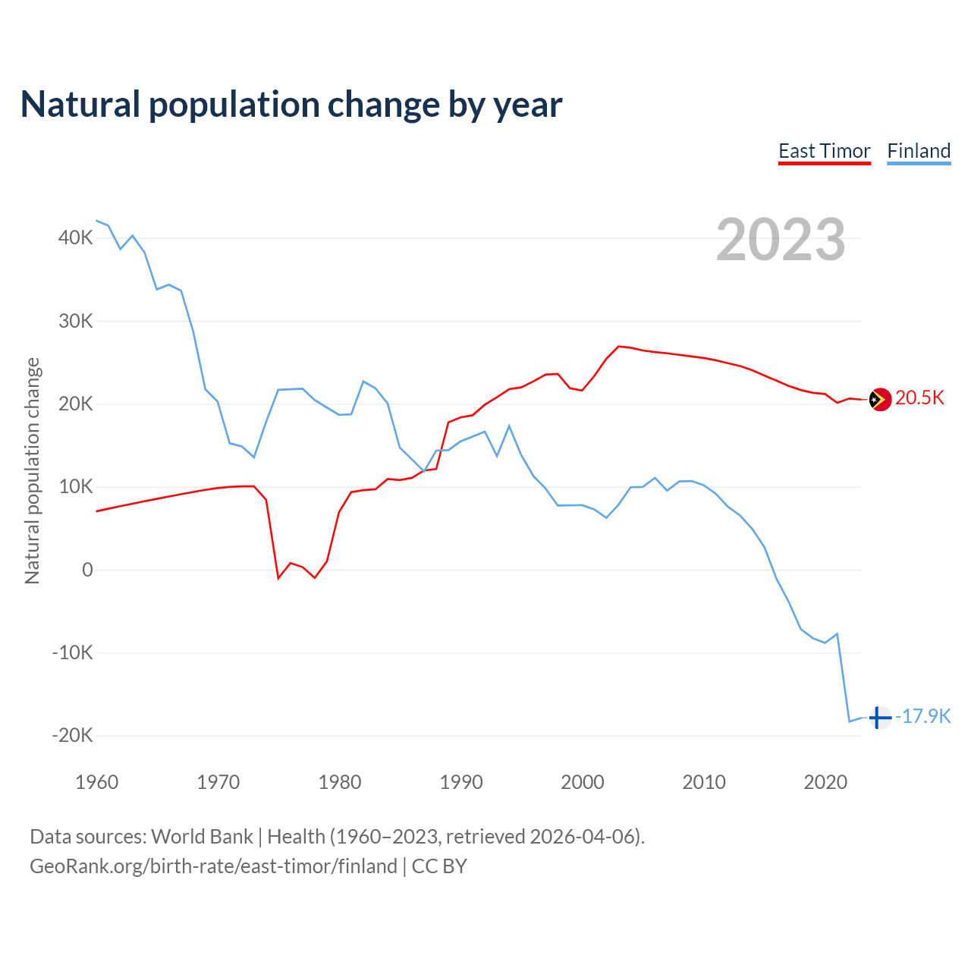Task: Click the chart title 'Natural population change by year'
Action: click(x=291, y=105)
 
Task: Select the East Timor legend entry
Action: click(x=825, y=151)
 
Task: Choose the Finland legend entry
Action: click(x=919, y=151)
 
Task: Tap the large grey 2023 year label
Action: click(x=781, y=240)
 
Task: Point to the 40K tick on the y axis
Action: click(x=76, y=238)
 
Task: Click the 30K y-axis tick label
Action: click(x=76, y=321)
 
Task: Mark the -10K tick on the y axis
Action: click(x=73, y=652)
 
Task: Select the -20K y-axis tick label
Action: click(x=73, y=735)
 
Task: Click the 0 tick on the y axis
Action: click(x=87, y=570)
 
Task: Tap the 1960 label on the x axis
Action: click(x=97, y=782)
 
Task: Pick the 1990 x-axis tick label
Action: click(x=461, y=782)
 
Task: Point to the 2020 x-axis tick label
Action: click(x=825, y=782)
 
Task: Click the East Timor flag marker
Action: click(x=880, y=399)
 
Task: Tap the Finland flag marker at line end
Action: click(x=880, y=717)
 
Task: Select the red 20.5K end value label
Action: click(x=919, y=398)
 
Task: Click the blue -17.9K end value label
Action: click(x=923, y=716)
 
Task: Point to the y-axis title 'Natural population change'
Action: click(x=33, y=470)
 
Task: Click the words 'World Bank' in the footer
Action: click(x=203, y=837)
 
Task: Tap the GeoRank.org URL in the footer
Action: click(x=213, y=866)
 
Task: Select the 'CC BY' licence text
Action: click(x=439, y=866)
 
